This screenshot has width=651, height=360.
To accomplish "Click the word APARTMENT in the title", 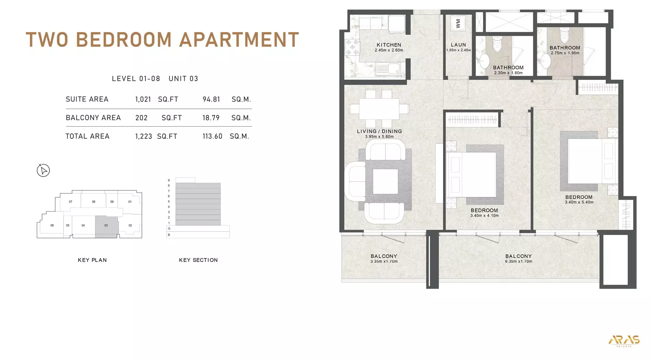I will click(x=239, y=40).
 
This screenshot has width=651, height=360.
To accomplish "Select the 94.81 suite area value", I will click(x=211, y=99).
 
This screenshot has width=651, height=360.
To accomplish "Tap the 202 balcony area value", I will click(x=141, y=118).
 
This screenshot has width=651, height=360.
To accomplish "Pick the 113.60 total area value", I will click(x=212, y=136).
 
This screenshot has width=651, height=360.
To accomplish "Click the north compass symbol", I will click(x=43, y=170).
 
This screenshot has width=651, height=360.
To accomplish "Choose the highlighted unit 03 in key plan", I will click(x=106, y=226).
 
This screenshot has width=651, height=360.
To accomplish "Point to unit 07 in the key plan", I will click(x=70, y=202).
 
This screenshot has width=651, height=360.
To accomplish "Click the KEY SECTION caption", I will click(x=198, y=260).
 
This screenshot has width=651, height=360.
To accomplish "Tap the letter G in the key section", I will click(x=169, y=229).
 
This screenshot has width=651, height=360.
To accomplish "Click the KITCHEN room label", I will click(x=389, y=45).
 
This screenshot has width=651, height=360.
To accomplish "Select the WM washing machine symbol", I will click(x=458, y=23).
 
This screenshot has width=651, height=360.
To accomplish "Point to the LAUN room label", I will click(x=458, y=45).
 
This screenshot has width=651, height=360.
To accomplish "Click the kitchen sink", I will click(x=388, y=69).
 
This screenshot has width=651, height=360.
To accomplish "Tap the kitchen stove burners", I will click(x=352, y=47).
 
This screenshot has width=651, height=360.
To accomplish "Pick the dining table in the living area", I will click(x=379, y=108).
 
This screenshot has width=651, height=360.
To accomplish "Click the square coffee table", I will click(x=385, y=181).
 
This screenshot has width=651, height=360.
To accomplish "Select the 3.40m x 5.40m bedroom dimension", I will click(x=579, y=203).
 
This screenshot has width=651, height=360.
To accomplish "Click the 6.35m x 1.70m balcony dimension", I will click(x=518, y=262).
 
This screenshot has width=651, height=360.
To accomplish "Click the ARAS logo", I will click(x=624, y=340).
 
